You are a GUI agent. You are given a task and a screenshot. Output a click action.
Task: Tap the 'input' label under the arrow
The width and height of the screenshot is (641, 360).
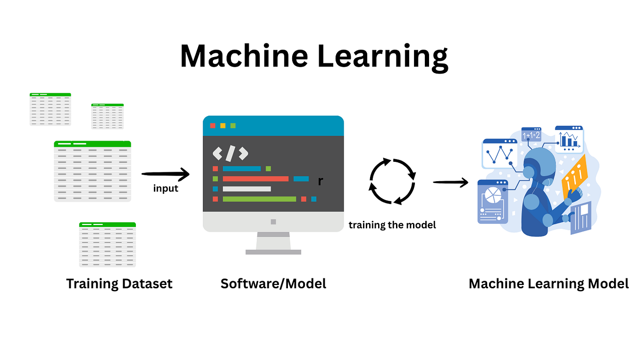pos(166,189)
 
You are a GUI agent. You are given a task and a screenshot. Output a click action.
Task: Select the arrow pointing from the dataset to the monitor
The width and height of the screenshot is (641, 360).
pos(165,175)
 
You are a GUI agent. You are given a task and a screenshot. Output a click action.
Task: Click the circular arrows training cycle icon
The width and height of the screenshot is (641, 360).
pos(392,182)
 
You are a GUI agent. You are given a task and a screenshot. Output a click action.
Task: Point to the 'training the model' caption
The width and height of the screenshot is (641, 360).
pos(392,225)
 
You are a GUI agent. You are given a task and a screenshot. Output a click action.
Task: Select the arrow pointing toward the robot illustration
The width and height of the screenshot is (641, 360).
pos(450,182)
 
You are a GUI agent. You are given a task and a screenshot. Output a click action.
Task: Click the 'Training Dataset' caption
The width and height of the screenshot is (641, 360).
pos(119,284)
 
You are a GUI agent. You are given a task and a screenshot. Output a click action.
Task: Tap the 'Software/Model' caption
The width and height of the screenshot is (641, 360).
pos(273,284)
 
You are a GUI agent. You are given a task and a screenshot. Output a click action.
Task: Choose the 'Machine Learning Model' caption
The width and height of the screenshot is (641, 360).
pos(548,284)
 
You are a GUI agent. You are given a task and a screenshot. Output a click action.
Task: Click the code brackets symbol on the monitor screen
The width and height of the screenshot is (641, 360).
pos(230,153)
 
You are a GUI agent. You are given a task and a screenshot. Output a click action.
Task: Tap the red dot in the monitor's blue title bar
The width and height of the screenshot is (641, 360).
pos(212,126)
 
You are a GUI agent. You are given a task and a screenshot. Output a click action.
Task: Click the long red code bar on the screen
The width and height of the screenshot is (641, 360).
pos(255,179)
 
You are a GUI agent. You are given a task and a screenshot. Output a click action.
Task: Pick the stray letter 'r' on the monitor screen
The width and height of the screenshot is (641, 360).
pos(320,181)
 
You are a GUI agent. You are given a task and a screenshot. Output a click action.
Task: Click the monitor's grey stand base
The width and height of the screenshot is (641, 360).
pos(273,252)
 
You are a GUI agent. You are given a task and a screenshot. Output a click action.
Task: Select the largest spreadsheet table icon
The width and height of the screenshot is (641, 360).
pos(93,171)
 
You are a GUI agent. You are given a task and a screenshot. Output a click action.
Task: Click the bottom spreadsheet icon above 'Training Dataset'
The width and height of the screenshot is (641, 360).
pos(107,244)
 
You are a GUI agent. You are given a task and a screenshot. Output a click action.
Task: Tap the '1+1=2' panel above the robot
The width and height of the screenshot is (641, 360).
pos(531,135)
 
